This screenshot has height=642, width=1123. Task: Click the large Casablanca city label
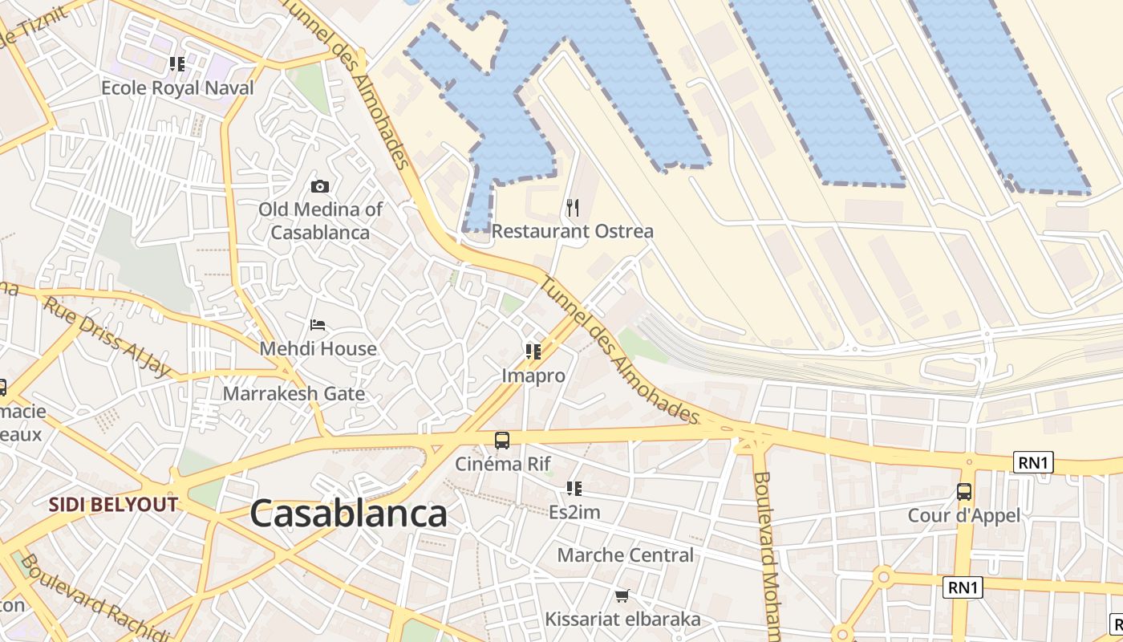348,514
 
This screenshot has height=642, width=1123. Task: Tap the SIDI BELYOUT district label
113,505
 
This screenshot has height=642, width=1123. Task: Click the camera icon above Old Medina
319,187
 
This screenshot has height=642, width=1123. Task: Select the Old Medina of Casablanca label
320,221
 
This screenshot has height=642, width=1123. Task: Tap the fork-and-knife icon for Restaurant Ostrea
572,209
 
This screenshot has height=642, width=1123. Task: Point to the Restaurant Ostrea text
572,231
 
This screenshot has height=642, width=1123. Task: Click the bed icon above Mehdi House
318,326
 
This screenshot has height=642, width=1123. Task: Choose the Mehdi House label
318,349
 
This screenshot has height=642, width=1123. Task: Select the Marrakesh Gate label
294,394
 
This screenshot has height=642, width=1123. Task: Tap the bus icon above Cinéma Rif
502,440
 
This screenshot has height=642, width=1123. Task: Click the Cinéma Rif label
503,464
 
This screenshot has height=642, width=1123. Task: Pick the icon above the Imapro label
533,351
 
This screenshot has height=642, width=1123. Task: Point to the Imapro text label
533,376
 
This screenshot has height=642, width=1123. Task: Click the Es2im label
574,512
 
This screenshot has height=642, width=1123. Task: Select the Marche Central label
625,555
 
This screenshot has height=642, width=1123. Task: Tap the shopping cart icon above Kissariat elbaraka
622,595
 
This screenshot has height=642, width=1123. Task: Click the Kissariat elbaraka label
622,620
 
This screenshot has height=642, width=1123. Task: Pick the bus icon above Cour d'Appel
964,492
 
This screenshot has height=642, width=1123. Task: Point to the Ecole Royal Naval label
177,87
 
